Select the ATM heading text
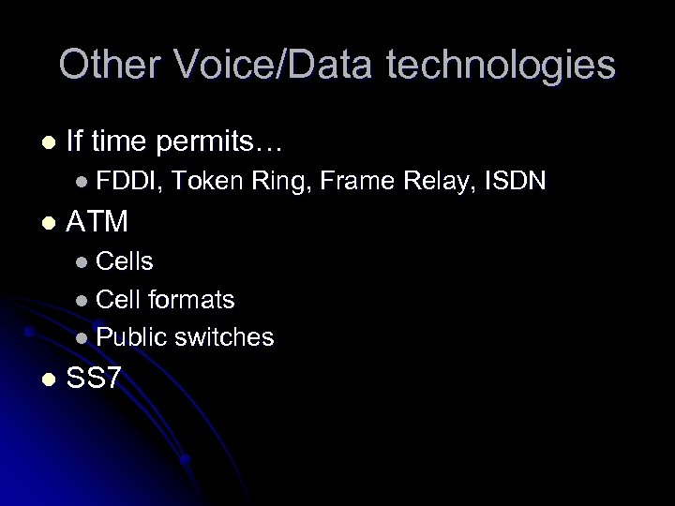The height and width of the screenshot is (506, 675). (x=97, y=222)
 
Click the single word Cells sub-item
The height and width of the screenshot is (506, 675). (x=125, y=260)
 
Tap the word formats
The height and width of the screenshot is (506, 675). (x=191, y=299)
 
